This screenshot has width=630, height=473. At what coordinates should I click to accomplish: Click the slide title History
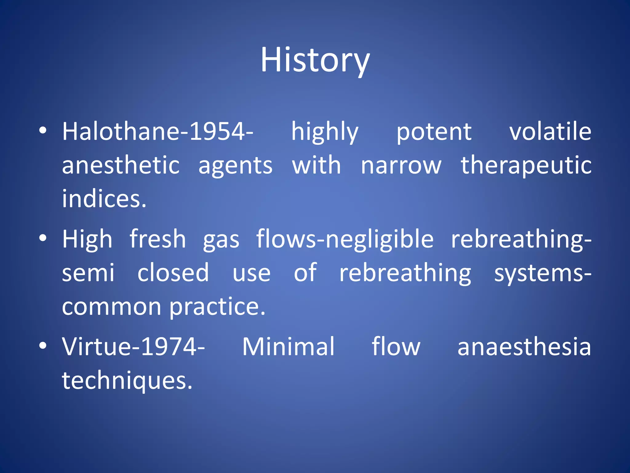click(x=315, y=60)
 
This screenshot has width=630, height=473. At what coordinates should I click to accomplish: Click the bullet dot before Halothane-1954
click(x=43, y=131)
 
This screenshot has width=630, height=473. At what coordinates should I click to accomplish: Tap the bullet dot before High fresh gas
click(x=43, y=238)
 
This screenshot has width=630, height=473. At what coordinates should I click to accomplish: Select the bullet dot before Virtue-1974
click(x=43, y=346)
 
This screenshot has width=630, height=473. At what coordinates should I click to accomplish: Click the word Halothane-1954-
click(x=157, y=132)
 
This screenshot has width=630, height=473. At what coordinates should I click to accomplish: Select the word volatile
click(x=550, y=132)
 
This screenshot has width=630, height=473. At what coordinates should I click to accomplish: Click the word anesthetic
click(x=121, y=165)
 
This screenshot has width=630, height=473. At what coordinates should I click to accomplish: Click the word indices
click(x=104, y=199)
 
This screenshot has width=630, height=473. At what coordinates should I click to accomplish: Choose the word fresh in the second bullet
click(x=158, y=239)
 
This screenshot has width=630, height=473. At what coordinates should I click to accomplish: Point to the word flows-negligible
click(x=345, y=240)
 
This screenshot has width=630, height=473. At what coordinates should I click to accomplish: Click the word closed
click(x=173, y=273)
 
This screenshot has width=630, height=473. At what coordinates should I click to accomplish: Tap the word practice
click(x=217, y=307)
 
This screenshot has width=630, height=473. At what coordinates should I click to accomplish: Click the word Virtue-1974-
click(x=133, y=347)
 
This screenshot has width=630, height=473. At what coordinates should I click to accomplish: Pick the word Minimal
click(x=288, y=347)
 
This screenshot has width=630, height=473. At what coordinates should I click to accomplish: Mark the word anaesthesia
click(x=524, y=347)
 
